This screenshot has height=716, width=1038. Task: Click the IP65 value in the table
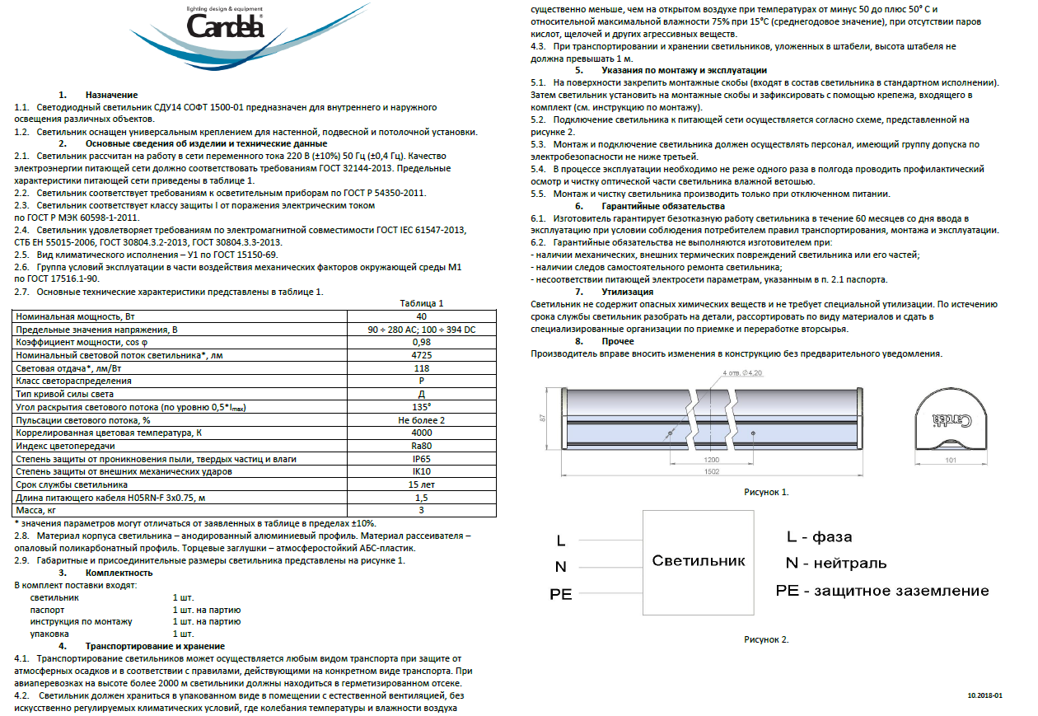click(421, 458)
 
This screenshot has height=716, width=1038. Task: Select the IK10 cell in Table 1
click(421, 471)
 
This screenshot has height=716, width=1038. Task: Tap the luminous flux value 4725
click(421, 355)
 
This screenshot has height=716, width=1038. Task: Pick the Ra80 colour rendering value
click(421, 446)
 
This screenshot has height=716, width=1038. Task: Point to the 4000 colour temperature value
click(421, 433)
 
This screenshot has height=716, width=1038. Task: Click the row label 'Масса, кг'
click(40, 510)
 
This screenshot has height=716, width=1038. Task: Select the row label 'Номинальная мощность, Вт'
click(71, 316)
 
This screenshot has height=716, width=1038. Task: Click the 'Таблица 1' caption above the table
click(421, 303)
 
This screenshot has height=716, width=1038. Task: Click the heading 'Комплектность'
click(119, 573)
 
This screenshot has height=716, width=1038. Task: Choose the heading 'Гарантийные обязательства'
click(663, 206)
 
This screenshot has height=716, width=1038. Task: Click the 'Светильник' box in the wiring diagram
click(698, 561)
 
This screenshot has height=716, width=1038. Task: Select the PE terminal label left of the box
click(560, 594)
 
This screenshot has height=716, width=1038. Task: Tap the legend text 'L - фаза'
click(819, 537)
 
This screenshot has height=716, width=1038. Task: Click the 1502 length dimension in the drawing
click(711, 472)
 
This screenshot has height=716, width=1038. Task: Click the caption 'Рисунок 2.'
click(766, 639)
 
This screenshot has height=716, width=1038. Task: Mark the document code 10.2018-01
click(984, 695)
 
